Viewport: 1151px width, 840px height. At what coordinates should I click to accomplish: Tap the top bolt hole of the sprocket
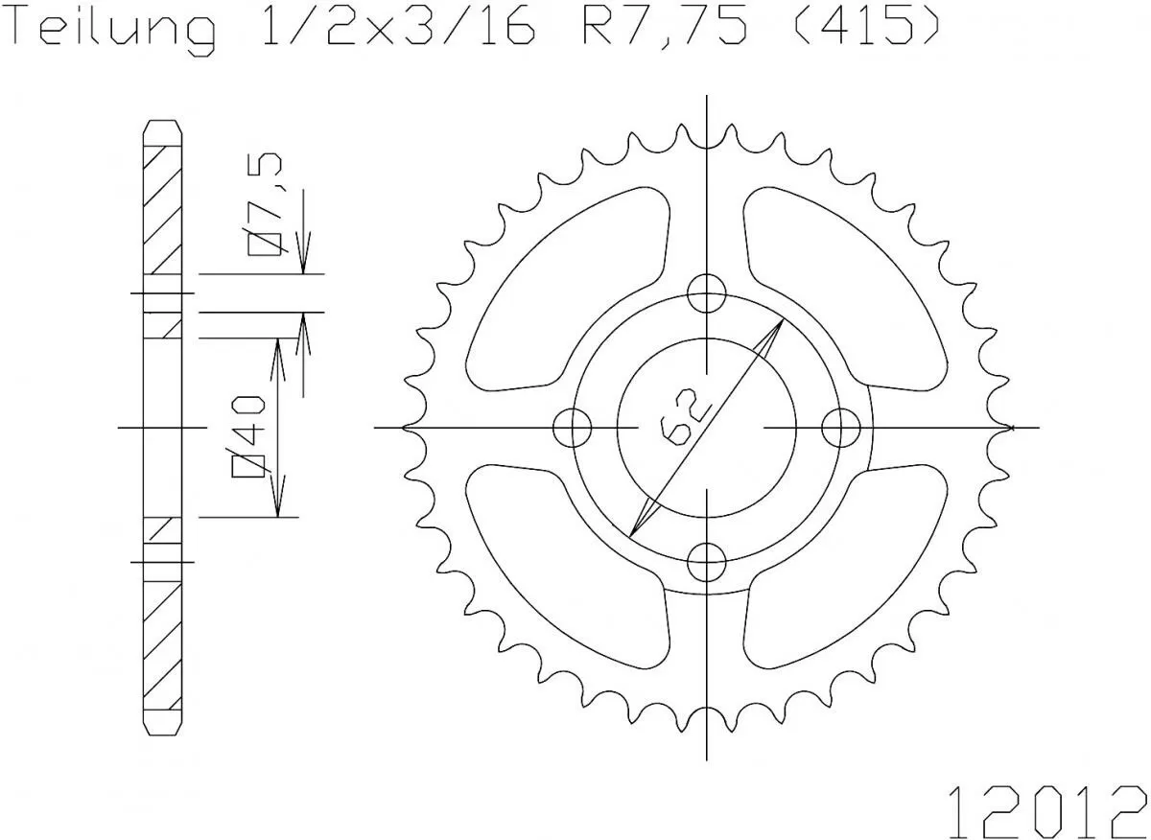[x=707, y=292]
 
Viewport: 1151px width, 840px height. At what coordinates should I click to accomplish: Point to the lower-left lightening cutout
[x=566, y=566]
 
